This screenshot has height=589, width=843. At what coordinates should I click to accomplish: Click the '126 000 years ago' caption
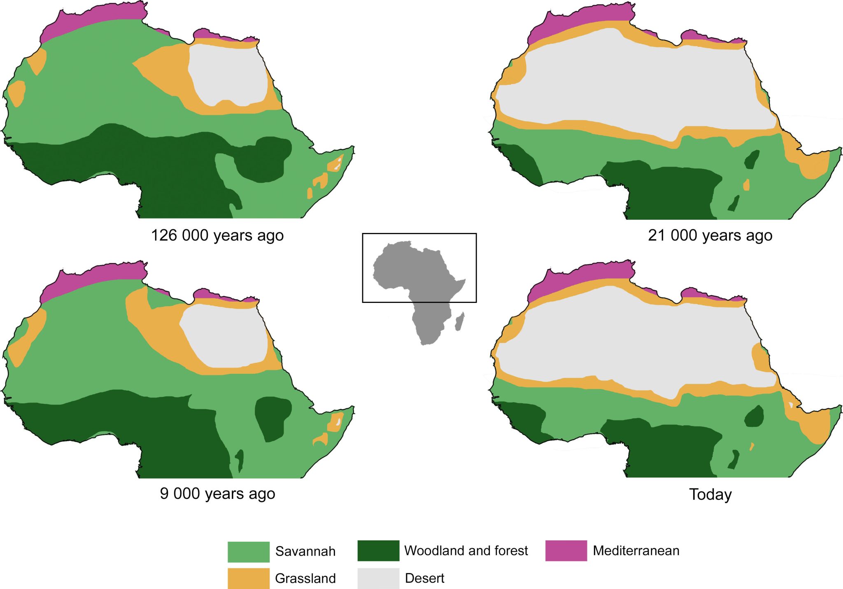click(217, 235)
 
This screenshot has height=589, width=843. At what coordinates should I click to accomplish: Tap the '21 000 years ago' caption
click(710, 235)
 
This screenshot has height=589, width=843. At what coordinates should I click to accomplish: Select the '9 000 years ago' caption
click(217, 493)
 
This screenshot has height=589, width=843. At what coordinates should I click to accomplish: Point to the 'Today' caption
click(710, 494)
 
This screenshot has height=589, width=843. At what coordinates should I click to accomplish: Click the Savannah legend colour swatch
click(248, 552)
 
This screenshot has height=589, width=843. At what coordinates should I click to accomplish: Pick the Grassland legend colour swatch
click(248, 578)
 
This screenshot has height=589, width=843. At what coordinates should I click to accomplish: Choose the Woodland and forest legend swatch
click(378, 551)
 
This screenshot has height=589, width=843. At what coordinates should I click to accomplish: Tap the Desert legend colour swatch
click(378, 578)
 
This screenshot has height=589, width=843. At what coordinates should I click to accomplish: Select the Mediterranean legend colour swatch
click(566, 551)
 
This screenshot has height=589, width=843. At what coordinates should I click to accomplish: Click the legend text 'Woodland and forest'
click(466, 551)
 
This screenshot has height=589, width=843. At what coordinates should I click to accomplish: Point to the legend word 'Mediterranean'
click(636, 551)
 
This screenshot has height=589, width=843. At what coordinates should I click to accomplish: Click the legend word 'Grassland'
click(305, 578)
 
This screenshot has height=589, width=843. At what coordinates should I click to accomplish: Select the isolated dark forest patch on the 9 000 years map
click(272, 418)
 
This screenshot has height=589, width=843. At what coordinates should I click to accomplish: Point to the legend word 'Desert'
click(424, 578)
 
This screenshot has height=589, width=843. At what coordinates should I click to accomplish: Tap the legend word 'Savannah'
click(305, 552)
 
